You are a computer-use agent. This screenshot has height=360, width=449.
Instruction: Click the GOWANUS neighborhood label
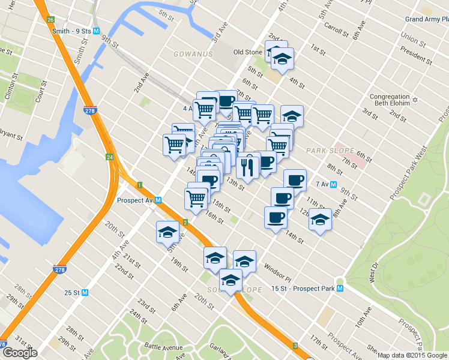point(193,54)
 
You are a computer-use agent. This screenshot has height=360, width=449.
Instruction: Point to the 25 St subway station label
point(76,293)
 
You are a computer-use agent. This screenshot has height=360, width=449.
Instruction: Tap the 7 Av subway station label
point(325,184)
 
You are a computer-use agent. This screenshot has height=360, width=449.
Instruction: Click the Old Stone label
point(247,52)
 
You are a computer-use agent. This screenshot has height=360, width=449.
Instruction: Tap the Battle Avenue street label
point(163,346)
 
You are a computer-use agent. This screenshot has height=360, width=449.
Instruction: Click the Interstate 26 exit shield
point(50,19)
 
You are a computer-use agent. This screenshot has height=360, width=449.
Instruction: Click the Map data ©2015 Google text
point(413,355)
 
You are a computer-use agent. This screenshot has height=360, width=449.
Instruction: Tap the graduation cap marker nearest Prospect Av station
point(167,233)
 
